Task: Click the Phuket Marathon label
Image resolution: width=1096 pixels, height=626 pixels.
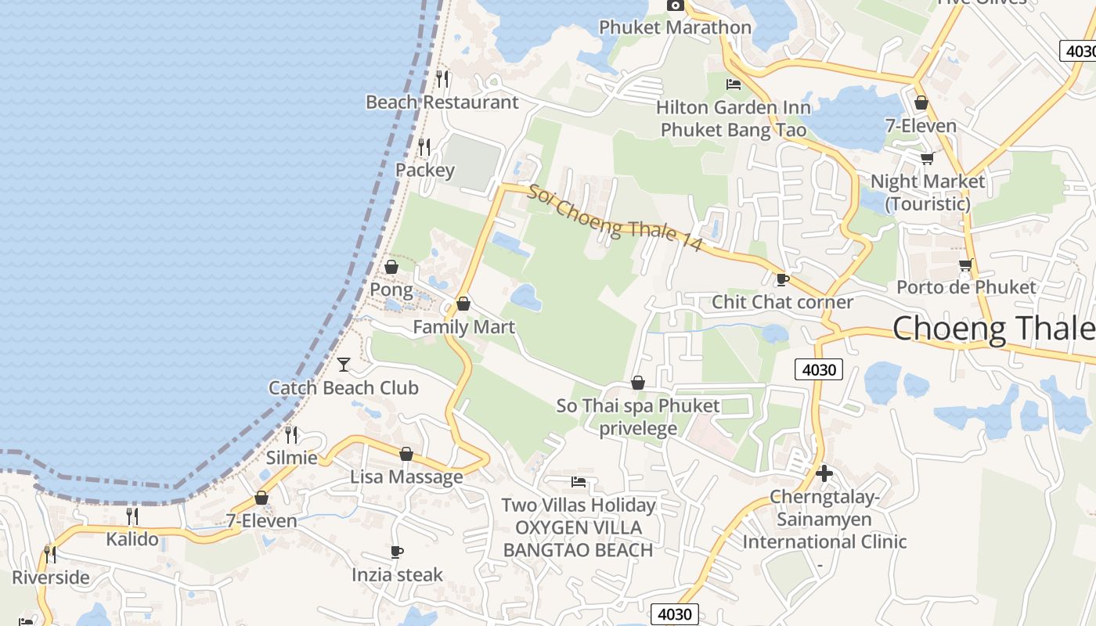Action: (x=675, y=27)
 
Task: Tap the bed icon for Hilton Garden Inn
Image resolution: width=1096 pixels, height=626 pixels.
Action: (x=734, y=84)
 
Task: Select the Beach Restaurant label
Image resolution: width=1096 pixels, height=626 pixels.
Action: (x=442, y=102)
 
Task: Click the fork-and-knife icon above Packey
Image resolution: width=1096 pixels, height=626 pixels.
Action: (x=424, y=146)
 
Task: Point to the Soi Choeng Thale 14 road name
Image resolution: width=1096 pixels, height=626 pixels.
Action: (x=615, y=217)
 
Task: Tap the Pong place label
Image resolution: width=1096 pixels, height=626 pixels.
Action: (x=391, y=290)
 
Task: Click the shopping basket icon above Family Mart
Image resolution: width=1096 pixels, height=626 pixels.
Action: (x=463, y=304)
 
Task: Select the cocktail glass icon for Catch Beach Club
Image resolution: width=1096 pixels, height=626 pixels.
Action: (x=344, y=364)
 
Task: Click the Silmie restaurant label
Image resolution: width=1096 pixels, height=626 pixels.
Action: (x=292, y=458)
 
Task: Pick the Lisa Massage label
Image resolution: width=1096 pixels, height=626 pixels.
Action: (x=406, y=477)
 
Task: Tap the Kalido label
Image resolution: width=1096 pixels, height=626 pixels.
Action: (x=132, y=539)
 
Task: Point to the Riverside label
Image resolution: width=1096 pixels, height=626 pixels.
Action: (x=51, y=577)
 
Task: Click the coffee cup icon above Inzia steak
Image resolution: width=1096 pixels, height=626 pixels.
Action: (x=397, y=552)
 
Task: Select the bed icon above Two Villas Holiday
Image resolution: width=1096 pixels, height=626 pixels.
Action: (x=579, y=481)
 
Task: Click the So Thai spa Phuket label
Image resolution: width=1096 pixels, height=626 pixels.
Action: (x=638, y=406)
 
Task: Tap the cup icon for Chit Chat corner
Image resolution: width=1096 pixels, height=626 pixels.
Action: (x=781, y=279)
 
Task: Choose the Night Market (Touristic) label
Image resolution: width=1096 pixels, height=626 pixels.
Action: (x=928, y=192)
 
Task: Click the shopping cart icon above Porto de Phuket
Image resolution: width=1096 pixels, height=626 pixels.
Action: (x=966, y=264)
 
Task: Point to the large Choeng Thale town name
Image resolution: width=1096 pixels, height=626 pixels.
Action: (x=993, y=328)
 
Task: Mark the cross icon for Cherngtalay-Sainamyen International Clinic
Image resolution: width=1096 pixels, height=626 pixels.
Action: (x=824, y=473)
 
